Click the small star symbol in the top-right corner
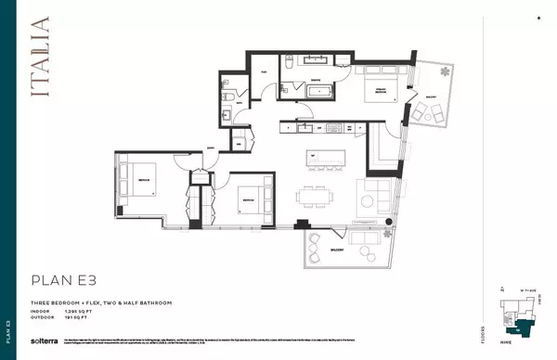point(538,18)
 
